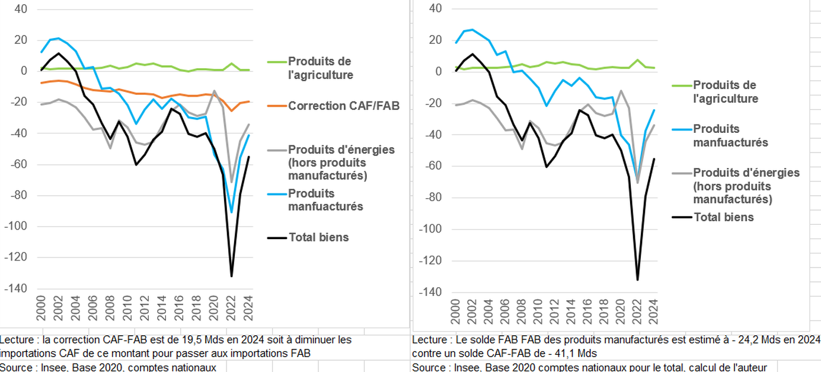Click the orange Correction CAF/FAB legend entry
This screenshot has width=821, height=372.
click(x=344, y=106)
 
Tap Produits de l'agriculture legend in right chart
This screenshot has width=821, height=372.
click(x=725, y=92)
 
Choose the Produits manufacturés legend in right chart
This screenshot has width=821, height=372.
click(x=730, y=135)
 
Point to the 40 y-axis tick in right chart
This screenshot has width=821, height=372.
click(x=435, y=9)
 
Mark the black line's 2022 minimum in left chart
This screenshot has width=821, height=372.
click(x=231, y=276)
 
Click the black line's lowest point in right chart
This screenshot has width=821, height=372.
click(x=638, y=279)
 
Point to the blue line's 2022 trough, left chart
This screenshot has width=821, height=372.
click(x=231, y=212)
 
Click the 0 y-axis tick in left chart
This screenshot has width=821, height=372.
click(x=24, y=71)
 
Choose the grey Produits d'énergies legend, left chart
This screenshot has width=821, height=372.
click(x=341, y=162)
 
